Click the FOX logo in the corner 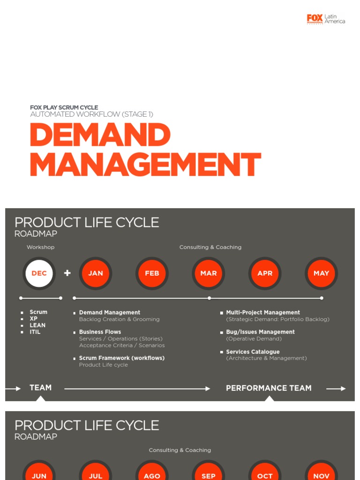click(x=315, y=19)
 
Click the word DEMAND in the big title click(x=100, y=135)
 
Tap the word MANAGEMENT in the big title click(x=145, y=165)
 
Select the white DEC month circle click(x=39, y=273)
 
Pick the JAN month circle click(x=96, y=273)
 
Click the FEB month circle click(x=152, y=273)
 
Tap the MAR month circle click(x=209, y=273)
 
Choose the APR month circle click(x=265, y=273)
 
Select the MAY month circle click(x=321, y=273)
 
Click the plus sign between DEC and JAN click(x=67, y=273)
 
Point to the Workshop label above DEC click(x=40, y=247)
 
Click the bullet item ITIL click(x=35, y=332)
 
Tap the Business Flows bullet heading click(x=100, y=332)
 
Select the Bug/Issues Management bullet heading click(x=260, y=332)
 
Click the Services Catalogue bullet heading click(x=253, y=352)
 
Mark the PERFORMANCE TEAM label click(x=269, y=388)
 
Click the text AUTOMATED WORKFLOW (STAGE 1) click(x=92, y=114)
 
